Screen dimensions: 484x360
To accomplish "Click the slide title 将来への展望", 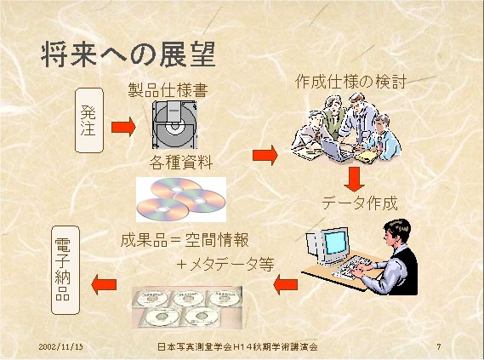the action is pos(128,54).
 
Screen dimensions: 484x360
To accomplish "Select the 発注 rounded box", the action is pos(89,120).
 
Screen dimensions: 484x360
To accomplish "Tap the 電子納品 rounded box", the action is pos(65,270).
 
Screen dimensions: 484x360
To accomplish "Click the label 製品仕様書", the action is pos(168,90).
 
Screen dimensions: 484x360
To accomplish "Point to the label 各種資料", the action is pos(181,162).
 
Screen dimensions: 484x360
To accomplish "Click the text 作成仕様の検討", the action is pos(350,82).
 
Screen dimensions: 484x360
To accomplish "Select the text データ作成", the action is pos(359,203).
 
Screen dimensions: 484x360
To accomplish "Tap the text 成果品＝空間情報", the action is pos(185,240).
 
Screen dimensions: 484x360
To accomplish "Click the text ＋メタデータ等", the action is pos(225,265).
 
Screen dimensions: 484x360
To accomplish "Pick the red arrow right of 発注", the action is pos(123,127).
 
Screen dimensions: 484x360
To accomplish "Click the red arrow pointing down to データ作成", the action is pos(355,179).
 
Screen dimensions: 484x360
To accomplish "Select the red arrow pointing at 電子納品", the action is pos(104,284).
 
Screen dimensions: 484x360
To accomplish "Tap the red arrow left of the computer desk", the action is pos(286,284).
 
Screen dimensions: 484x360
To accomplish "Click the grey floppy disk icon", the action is pos(174,124).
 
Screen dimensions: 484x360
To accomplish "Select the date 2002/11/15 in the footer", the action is pos(60,346).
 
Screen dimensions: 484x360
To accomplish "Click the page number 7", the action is pos(439,346).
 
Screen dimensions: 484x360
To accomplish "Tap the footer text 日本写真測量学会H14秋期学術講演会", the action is pos(237,346).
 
